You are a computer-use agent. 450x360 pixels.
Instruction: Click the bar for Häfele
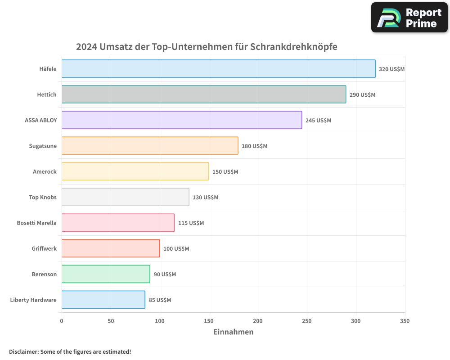(218, 69)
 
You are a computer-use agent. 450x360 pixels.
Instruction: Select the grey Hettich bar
(204, 94)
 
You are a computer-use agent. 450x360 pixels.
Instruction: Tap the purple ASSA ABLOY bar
(182, 120)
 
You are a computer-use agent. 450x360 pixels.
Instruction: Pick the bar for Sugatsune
(150, 146)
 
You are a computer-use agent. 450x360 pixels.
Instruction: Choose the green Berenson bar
(106, 274)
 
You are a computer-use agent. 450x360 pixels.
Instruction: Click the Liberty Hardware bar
(103, 300)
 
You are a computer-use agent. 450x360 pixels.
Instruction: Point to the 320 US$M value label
(391, 69)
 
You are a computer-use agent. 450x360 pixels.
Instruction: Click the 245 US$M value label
(318, 121)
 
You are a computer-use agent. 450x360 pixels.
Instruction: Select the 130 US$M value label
(205, 198)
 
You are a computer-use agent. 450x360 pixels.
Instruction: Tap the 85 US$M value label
(160, 300)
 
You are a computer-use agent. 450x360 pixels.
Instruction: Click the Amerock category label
(45, 171)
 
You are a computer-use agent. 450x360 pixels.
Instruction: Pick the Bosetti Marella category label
(36, 223)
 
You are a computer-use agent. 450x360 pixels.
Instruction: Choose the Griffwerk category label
(44, 248)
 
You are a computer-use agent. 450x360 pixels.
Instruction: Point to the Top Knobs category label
(43, 197)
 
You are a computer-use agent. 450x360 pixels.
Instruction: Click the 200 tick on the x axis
(258, 321)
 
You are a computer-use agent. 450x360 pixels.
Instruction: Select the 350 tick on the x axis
(405, 321)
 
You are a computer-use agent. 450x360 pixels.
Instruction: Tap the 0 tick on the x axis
(62, 321)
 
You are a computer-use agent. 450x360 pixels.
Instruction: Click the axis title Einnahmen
(233, 332)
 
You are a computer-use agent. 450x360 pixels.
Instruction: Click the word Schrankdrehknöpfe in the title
(293, 47)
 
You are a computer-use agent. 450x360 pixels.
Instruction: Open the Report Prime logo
(409, 18)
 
